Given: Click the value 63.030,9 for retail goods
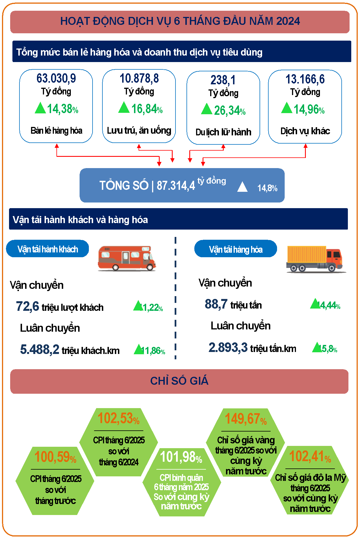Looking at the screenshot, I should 56,78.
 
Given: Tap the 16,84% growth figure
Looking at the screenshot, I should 147,109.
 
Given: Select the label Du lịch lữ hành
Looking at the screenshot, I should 223,132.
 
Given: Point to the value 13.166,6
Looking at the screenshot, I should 305,79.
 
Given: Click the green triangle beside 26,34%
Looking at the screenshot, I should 207,109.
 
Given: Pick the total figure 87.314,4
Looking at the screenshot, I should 175,186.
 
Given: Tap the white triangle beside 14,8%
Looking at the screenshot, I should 242,187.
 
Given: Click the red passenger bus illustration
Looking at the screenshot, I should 127,258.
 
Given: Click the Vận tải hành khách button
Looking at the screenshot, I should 47,249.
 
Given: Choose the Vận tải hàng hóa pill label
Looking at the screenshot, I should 236,249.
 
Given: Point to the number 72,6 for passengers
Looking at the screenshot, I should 28,306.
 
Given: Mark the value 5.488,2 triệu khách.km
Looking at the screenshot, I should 40,349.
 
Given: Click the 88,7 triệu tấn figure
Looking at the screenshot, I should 216,304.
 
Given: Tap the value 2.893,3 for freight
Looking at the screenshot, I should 228,347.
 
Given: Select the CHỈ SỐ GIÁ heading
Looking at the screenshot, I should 179,381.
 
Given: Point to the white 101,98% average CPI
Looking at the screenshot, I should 181,457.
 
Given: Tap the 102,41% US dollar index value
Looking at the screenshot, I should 310,456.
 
